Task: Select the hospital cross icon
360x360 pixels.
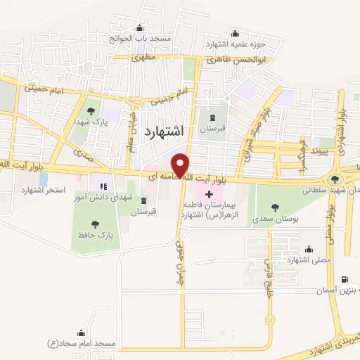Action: tap(209, 193)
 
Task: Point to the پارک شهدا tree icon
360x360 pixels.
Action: tap(90, 110)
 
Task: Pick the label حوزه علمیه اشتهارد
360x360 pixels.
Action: tap(236, 44)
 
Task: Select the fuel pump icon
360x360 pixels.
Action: tap(343, 279)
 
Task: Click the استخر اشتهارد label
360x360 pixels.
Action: tap(44, 191)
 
